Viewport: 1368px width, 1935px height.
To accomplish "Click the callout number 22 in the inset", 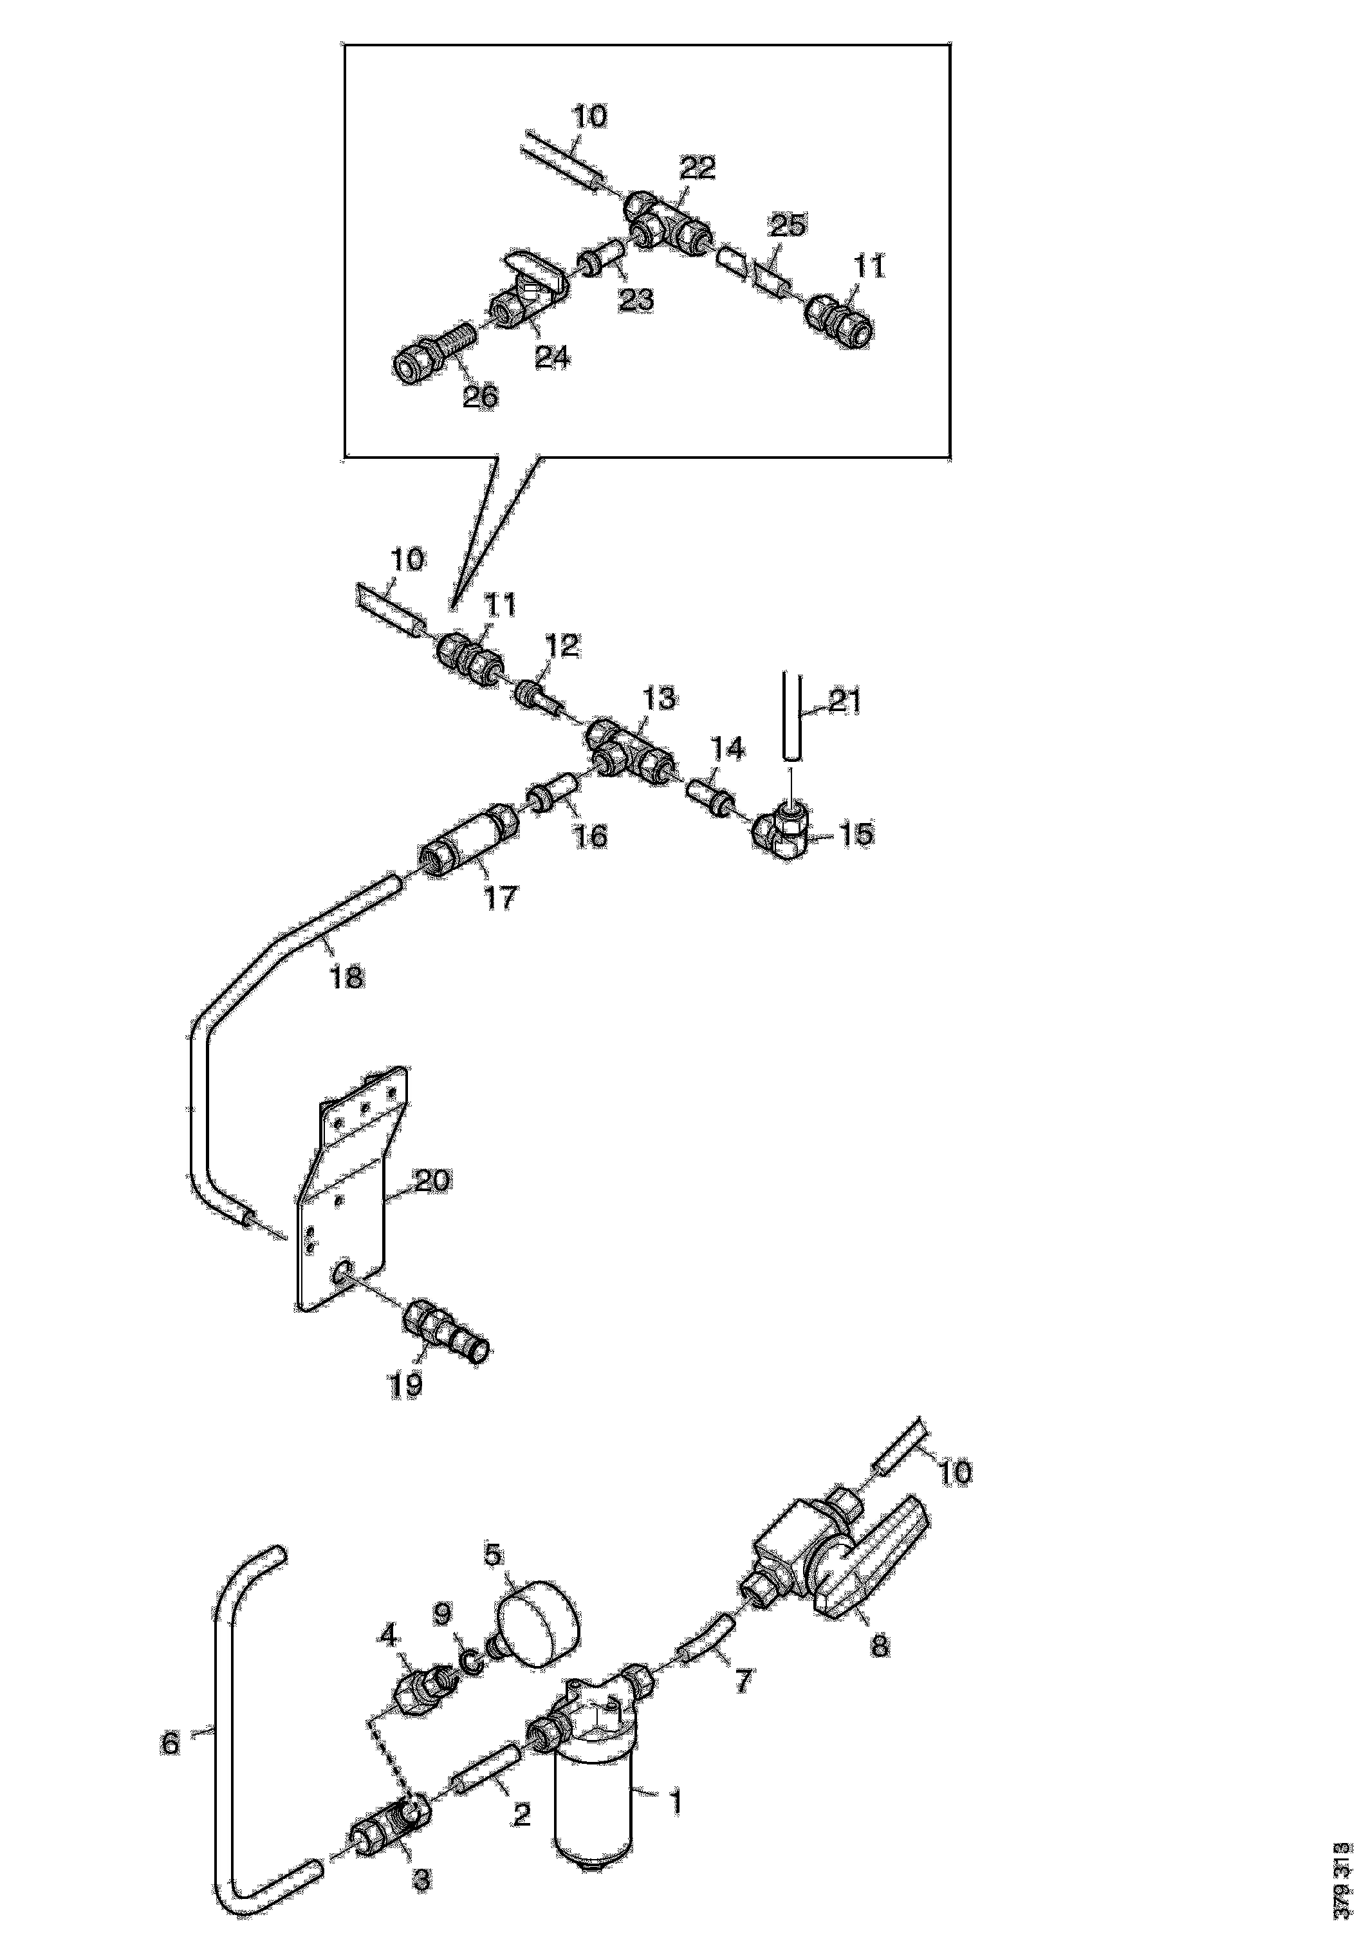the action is click(698, 168).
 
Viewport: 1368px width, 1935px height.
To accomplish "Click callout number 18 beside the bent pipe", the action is click(346, 977).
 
